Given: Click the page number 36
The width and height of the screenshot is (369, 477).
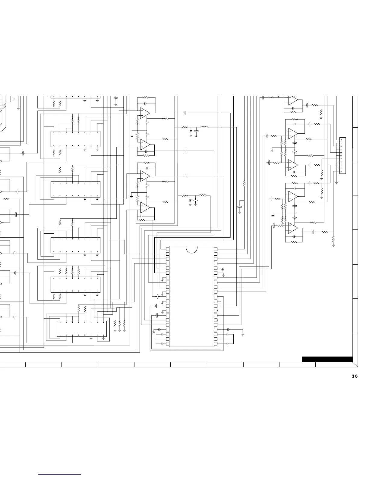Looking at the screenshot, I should [355, 376].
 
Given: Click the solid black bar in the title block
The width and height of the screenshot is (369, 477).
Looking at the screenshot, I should [327, 359].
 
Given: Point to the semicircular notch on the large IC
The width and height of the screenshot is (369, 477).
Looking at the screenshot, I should [191, 249].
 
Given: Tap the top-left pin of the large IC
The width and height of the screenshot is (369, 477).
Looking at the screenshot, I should [168, 249].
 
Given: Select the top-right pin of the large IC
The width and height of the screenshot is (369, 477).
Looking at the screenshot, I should [216, 249].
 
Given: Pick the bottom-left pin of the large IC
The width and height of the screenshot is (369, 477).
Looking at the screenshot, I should [168, 344].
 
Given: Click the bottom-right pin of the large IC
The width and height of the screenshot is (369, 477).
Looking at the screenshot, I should [216, 344].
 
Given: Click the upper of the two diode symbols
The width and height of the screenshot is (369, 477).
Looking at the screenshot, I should [191, 131].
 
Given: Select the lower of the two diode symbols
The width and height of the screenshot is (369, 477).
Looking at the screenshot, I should [190, 200].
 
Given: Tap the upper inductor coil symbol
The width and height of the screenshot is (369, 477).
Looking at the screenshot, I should [204, 127].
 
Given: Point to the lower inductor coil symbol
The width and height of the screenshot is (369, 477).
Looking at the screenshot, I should [203, 196].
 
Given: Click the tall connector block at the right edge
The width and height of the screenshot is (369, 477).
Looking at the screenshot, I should [342, 155].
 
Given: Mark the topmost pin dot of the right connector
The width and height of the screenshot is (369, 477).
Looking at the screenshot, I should [341, 140].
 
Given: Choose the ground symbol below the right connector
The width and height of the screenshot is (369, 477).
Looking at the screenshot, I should [336, 182].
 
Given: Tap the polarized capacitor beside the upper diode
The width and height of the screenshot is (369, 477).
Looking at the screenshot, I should [197, 132].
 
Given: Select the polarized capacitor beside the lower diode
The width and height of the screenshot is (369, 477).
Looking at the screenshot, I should [196, 201].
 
